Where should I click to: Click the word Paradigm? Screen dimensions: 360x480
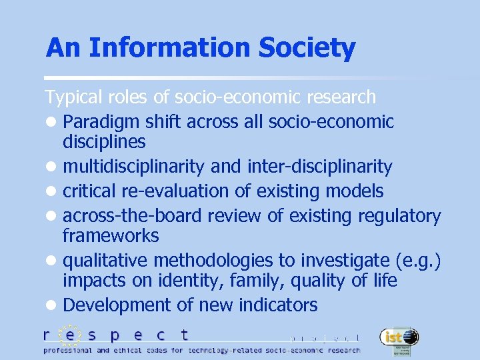pos(96,122)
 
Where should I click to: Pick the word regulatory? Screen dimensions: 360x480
pos(399,216)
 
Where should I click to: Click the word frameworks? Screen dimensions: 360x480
pos(111,235)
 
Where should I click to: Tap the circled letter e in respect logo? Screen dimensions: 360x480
pos(69,335)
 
